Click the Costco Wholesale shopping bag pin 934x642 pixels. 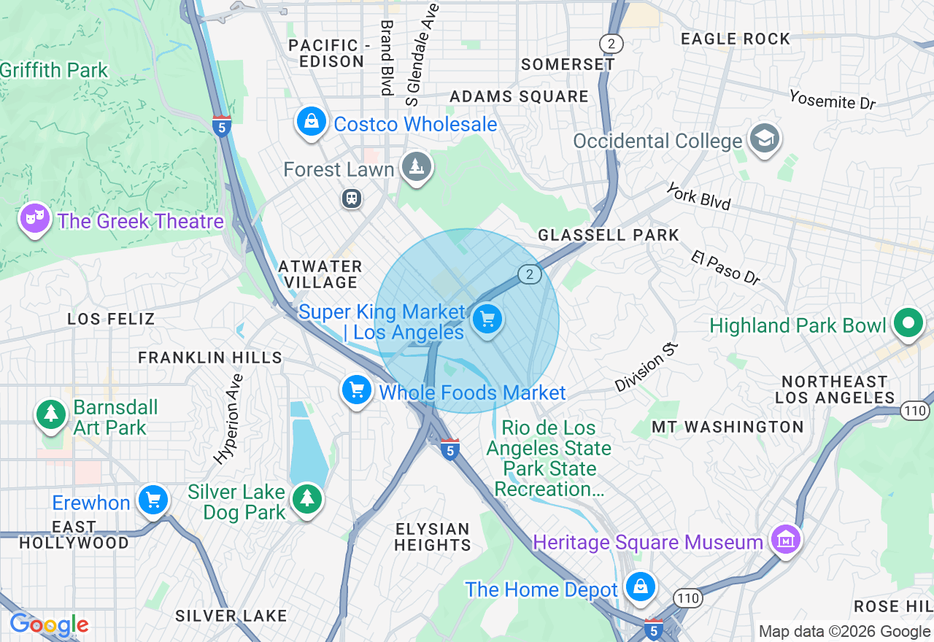tap(312, 122)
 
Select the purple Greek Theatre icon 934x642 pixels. tap(34, 218)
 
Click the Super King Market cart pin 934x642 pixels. tap(487, 320)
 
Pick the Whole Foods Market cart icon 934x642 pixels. tap(357, 390)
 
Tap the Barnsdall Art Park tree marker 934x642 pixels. tap(51, 414)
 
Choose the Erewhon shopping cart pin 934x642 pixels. tap(153, 500)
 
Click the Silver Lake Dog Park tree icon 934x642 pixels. tap(307, 499)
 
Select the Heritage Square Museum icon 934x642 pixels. tap(785, 541)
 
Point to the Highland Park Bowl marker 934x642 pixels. tap(908, 323)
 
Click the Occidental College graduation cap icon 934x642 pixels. tap(765, 139)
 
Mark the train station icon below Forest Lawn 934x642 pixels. tap(352, 198)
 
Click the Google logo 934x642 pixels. tap(49, 625)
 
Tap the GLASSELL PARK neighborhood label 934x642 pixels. tap(609, 235)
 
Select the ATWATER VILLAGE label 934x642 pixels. tap(320, 274)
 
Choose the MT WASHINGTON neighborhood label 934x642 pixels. tap(727, 427)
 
